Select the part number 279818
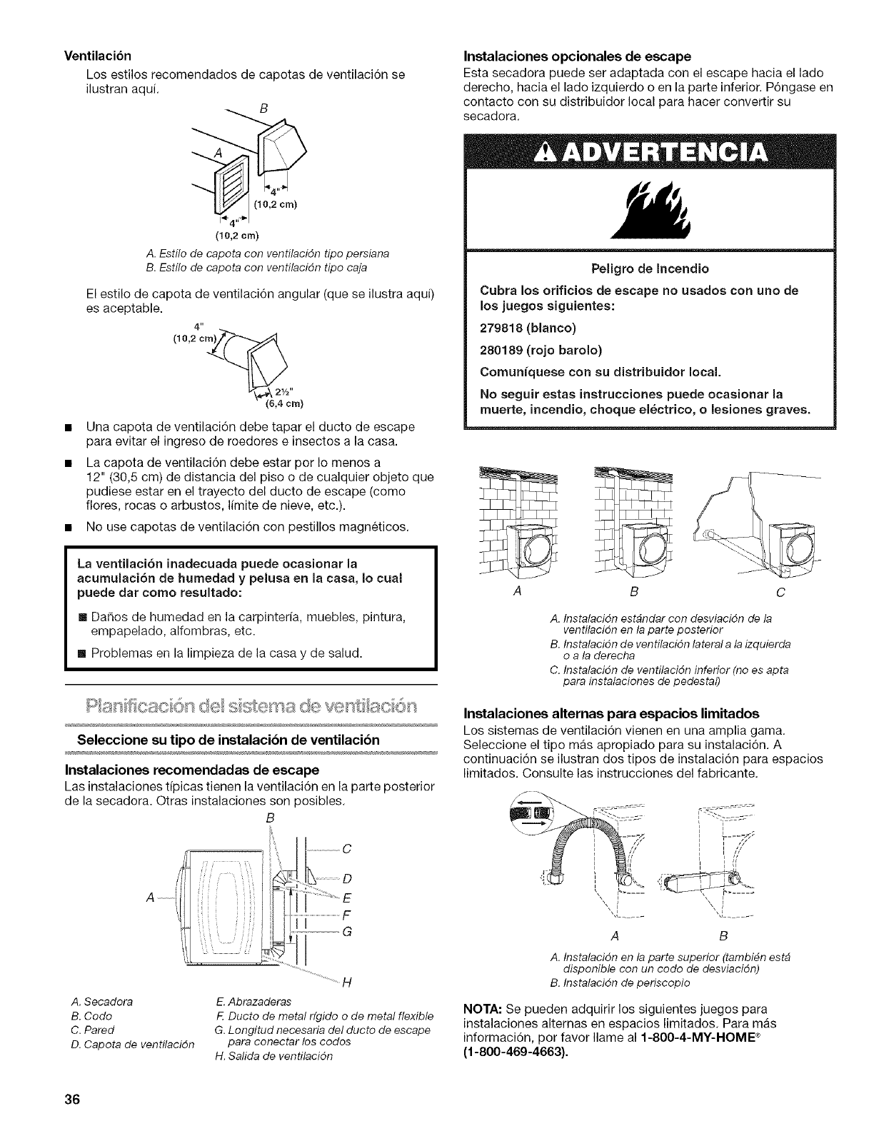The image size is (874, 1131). (503, 328)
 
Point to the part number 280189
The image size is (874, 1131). (503, 351)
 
